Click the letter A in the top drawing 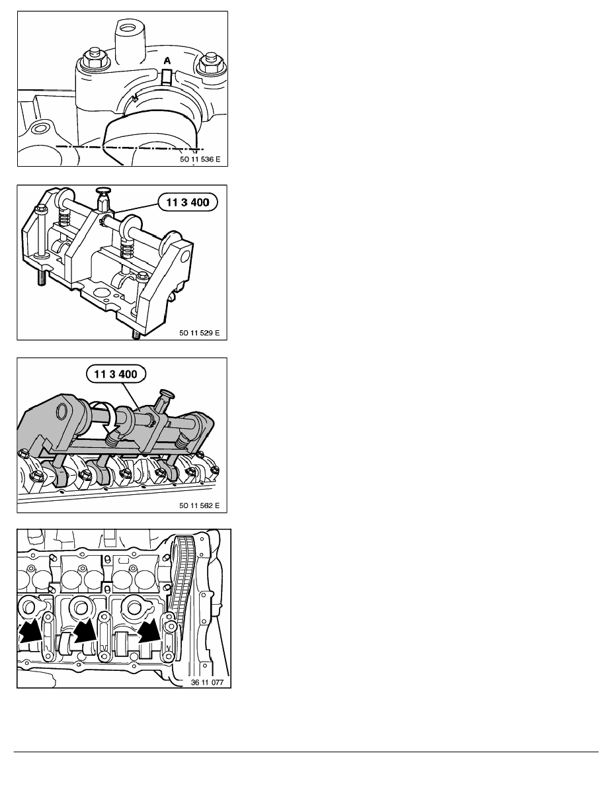(167, 61)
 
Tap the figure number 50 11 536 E (200, 159)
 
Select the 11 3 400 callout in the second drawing (188, 202)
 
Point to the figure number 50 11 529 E (199, 333)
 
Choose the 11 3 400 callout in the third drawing (116, 374)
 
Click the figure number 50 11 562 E (199, 505)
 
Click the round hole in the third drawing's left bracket (63, 412)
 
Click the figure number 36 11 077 (208, 682)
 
